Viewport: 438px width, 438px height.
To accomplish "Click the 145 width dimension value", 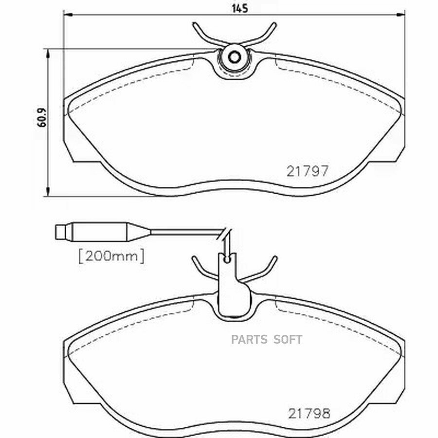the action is pos(240,8).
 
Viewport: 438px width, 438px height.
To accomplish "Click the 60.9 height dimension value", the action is pos(42,118).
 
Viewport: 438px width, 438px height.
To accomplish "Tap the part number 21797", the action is pos(308,171).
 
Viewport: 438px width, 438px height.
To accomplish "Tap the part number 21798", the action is pos(309,414).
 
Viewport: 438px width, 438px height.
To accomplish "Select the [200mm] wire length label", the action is pos(111,256).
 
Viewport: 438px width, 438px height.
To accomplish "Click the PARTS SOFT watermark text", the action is pos(267,340).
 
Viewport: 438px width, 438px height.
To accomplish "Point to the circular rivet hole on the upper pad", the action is pos(234,57).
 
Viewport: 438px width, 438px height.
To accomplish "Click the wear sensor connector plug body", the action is pos(100,232).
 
